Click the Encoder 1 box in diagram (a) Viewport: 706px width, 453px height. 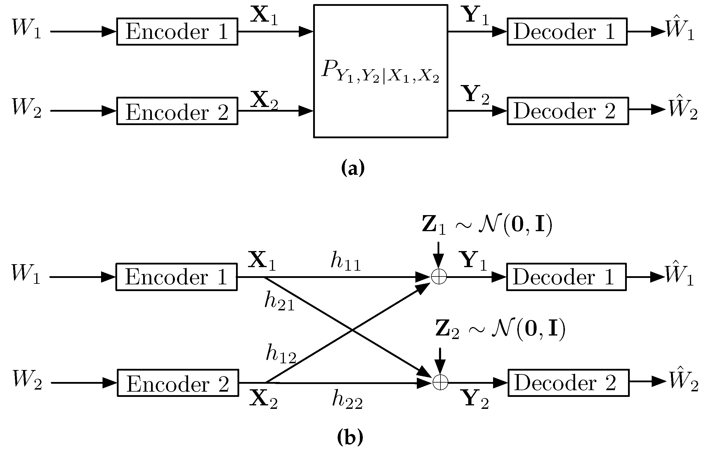(177, 32)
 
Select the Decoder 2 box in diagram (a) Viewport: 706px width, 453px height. (568, 111)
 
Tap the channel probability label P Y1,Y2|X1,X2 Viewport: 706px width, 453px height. (380, 72)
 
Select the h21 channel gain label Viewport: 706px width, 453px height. (280, 301)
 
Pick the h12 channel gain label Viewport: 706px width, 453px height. (281, 354)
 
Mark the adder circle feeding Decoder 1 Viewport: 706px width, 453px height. (439, 277)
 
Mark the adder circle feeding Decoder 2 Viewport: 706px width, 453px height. (440, 383)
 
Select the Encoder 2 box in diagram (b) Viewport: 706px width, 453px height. (178, 383)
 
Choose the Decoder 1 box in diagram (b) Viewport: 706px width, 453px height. (566, 277)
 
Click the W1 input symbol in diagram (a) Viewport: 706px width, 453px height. (27, 29)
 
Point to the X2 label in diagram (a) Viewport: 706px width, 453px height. (264, 100)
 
